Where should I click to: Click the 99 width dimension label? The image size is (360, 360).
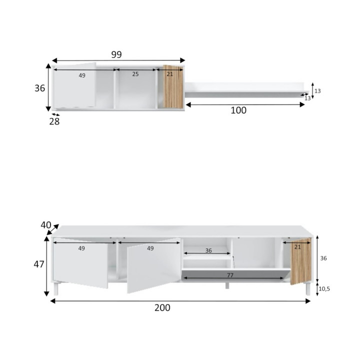click(116, 54)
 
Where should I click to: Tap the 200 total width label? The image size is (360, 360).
click(162, 307)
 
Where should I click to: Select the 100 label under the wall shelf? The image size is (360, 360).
click(238, 110)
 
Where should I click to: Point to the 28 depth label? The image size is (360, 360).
click(54, 121)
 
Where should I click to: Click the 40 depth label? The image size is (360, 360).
click(46, 225)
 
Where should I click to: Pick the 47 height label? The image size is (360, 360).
click(39, 264)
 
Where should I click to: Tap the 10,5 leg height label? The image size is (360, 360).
click(324, 289)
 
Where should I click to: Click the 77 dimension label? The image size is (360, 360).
click(230, 275)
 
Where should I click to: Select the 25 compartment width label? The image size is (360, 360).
click(135, 74)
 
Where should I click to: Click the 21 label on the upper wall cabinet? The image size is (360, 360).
click(169, 74)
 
